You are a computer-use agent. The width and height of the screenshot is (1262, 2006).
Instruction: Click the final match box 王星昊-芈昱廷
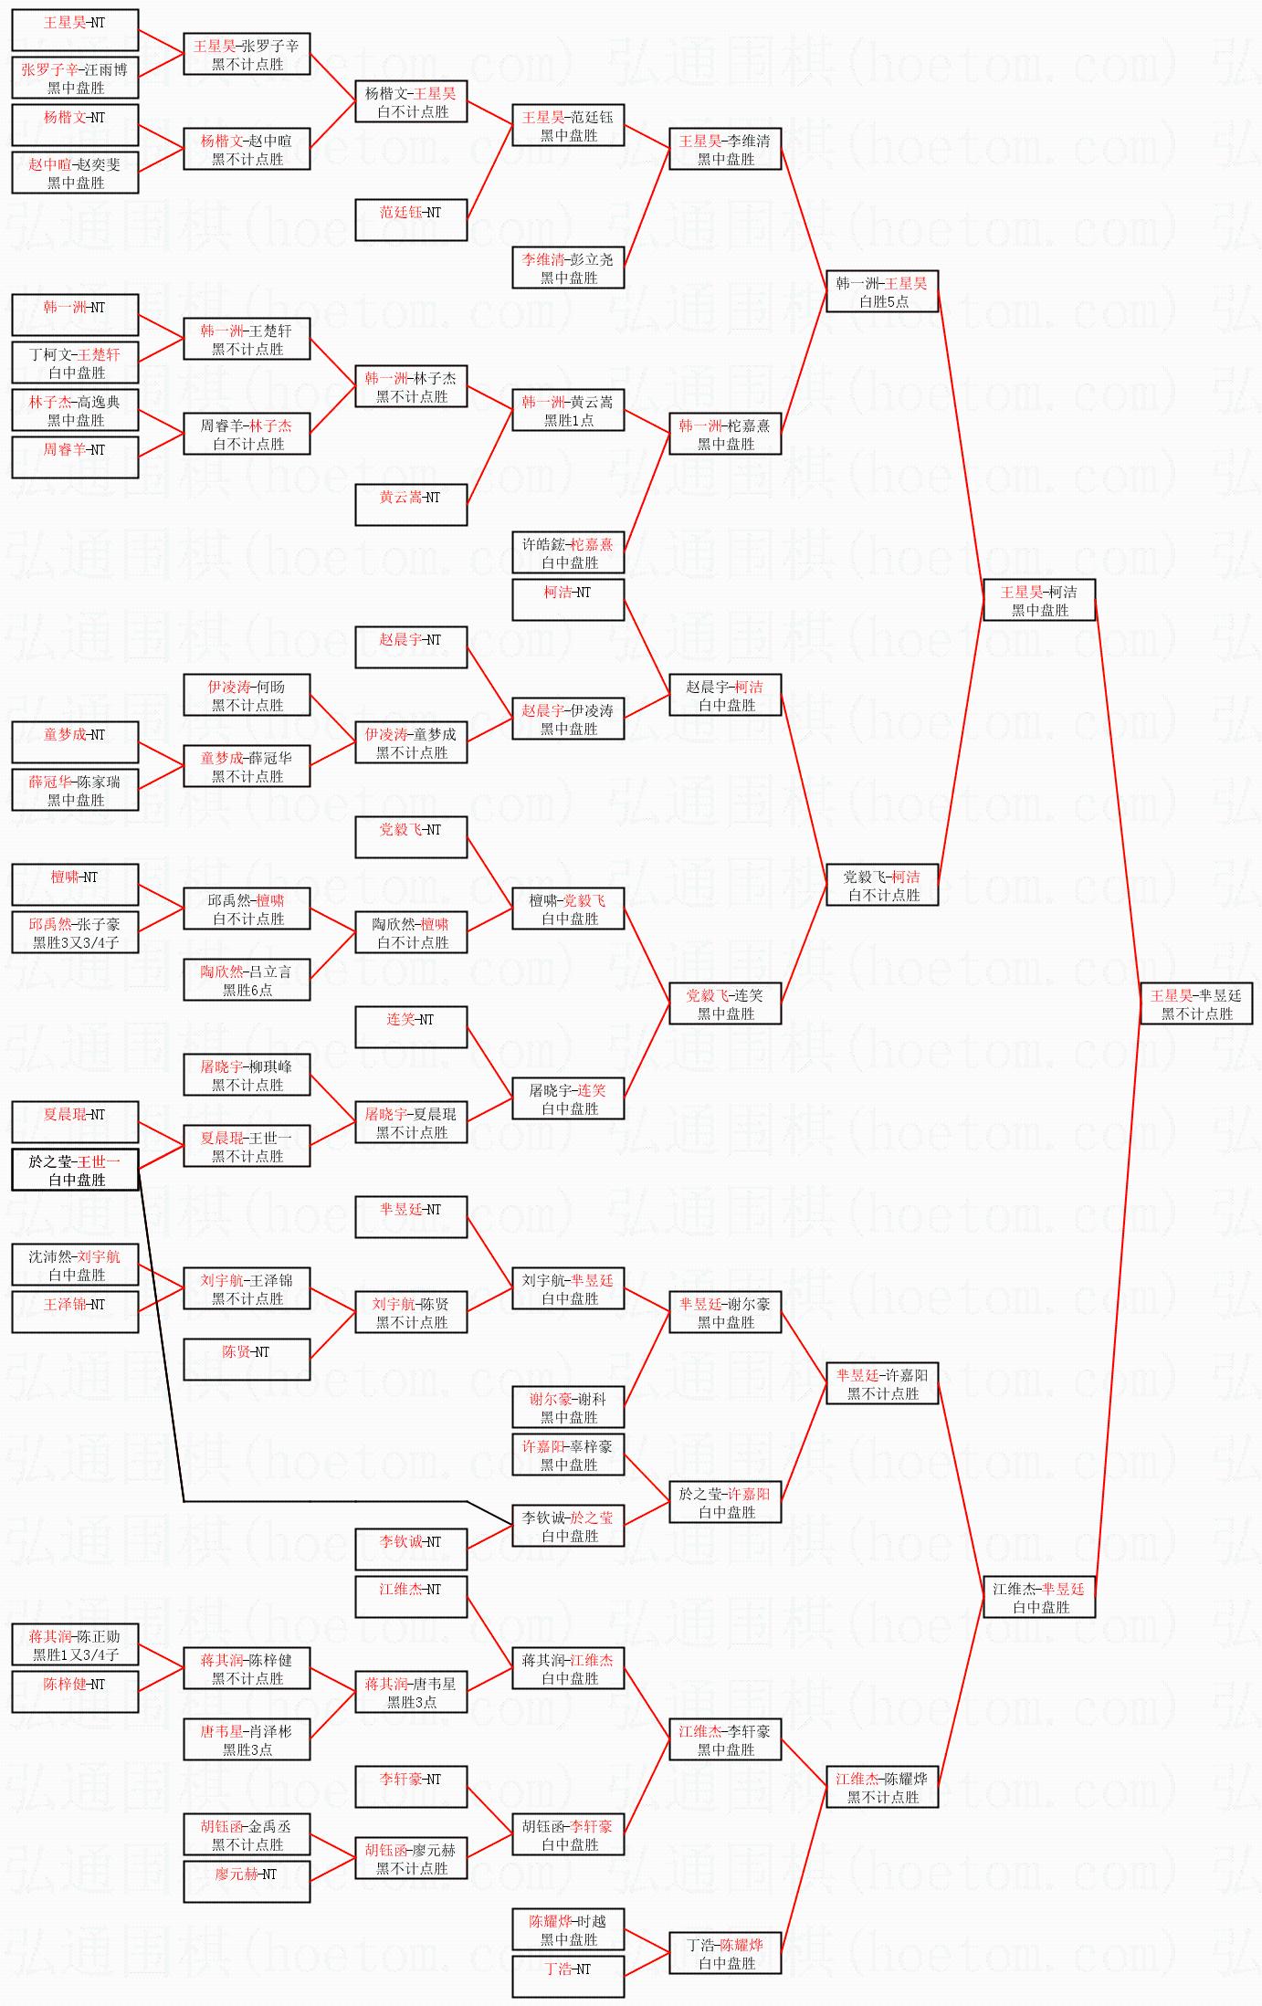1196,1004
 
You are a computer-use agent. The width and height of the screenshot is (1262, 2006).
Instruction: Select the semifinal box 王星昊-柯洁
1039,601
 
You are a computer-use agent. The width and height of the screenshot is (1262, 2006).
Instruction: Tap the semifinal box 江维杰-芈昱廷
1039,1598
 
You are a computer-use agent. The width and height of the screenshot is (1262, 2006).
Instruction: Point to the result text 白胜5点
883,302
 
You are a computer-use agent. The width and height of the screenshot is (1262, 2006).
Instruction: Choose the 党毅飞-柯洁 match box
882,886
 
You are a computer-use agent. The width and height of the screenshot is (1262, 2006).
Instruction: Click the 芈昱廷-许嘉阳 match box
882,1384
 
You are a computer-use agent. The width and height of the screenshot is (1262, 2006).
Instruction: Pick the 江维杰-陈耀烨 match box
882,1788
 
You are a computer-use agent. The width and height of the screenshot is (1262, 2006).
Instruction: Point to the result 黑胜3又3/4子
76,943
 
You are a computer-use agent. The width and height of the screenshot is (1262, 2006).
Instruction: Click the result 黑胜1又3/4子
76,1655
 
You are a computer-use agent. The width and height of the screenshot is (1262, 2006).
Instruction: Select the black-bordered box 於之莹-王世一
75,1171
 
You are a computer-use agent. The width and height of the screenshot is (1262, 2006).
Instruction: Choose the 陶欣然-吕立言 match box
247,981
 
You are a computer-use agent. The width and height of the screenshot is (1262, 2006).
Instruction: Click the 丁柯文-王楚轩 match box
75,363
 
